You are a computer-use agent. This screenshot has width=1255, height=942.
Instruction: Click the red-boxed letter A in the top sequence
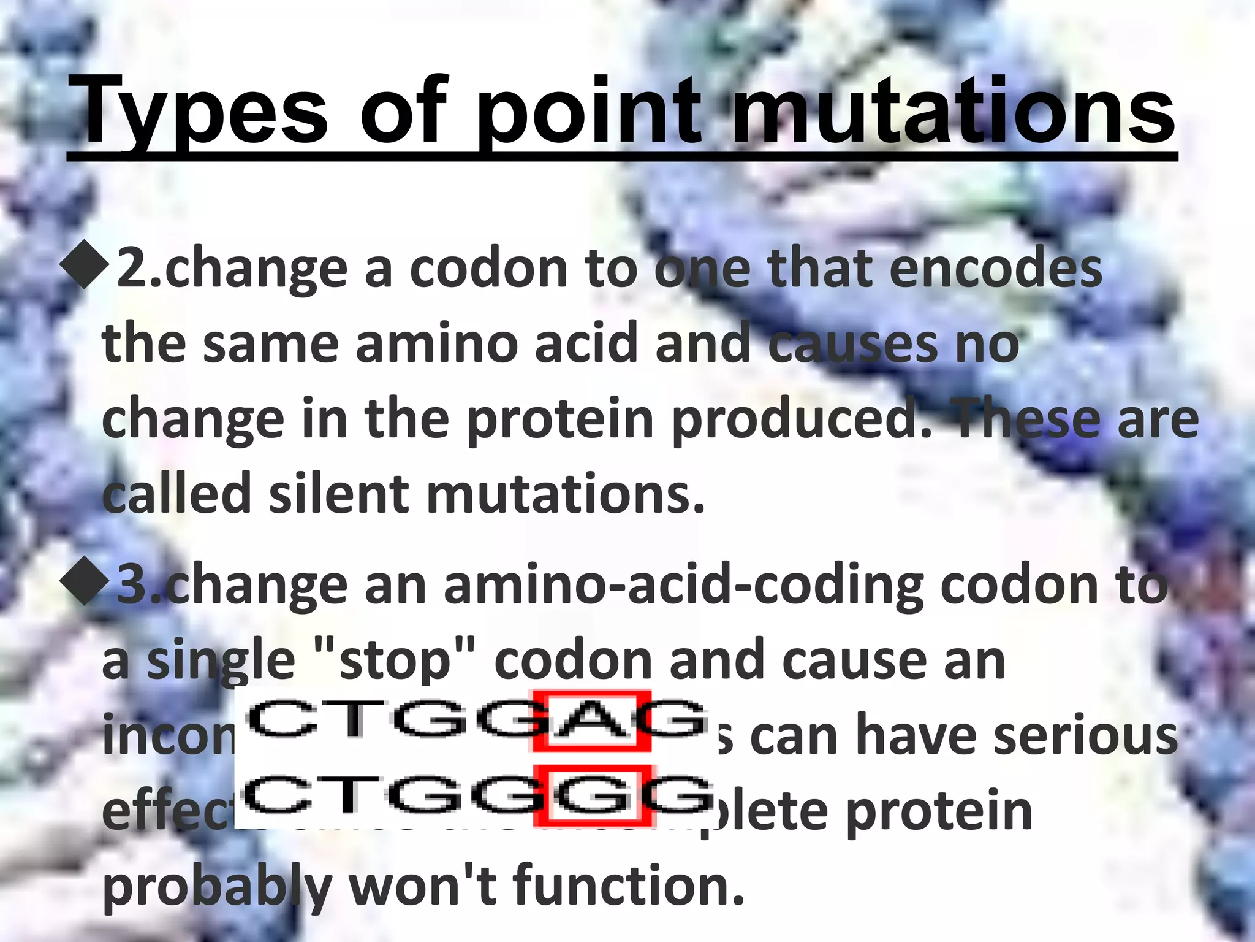tap(591, 721)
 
